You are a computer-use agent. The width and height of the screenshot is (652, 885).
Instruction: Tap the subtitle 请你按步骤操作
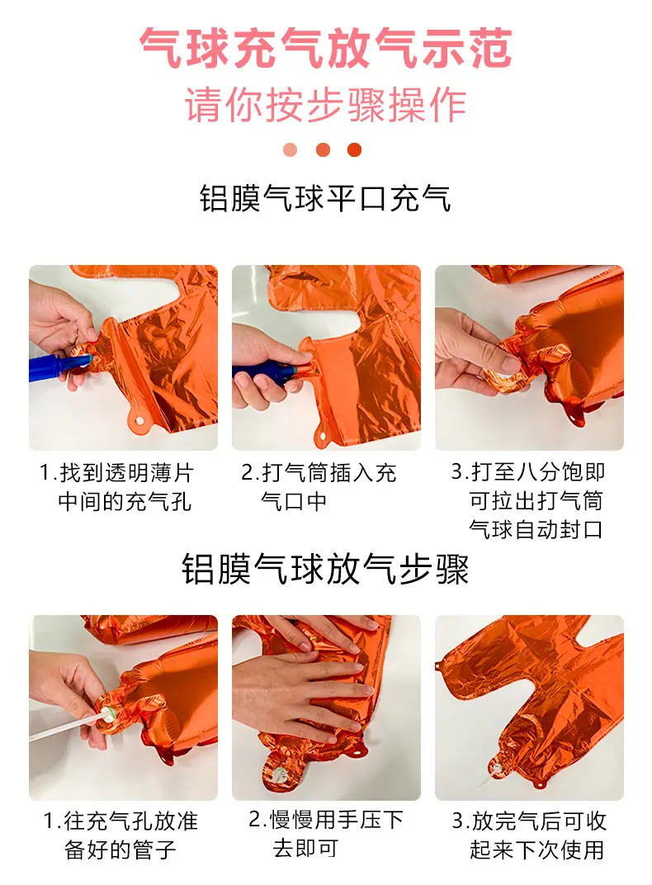pyautogui.click(x=326, y=105)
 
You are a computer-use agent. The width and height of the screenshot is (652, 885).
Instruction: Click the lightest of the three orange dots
pyautogui.click(x=291, y=150)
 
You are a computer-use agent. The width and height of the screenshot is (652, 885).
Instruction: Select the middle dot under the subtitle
pyautogui.click(x=324, y=150)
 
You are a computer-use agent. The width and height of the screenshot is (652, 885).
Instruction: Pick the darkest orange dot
pyautogui.click(x=355, y=150)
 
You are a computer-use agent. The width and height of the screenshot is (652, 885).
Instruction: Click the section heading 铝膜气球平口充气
pyautogui.click(x=326, y=199)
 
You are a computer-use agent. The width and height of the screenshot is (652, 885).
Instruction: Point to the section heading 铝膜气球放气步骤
pyautogui.click(x=325, y=569)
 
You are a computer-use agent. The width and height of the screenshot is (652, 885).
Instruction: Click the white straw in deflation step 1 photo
pyautogui.click(x=68, y=726)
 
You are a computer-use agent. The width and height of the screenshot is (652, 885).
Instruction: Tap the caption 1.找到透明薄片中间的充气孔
pyautogui.click(x=116, y=487)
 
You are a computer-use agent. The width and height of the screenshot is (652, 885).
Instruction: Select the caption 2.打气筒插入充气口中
pyautogui.click(x=319, y=487)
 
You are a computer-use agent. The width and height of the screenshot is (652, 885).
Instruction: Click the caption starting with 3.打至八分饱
pyautogui.click(x=528, y=500)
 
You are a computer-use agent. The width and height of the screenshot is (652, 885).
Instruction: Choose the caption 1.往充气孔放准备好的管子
pyautogui.click(x=120, y=835)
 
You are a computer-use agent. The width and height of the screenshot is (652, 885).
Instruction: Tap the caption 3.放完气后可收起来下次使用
pyautogui.click(x=529, y=835)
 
